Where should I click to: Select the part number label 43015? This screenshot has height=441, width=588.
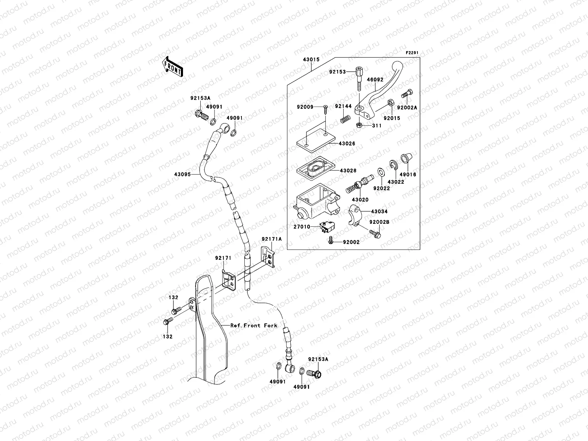(x=311, y=60)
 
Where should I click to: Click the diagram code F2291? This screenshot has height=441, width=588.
(x=412, y=53)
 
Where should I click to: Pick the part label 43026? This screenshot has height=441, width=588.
(x=347, y=143)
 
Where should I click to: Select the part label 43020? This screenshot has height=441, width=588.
(x=360, y=200)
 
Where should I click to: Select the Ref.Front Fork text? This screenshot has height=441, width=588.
(x=254, y=325)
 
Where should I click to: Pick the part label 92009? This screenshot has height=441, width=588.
(x=305, y=107)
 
